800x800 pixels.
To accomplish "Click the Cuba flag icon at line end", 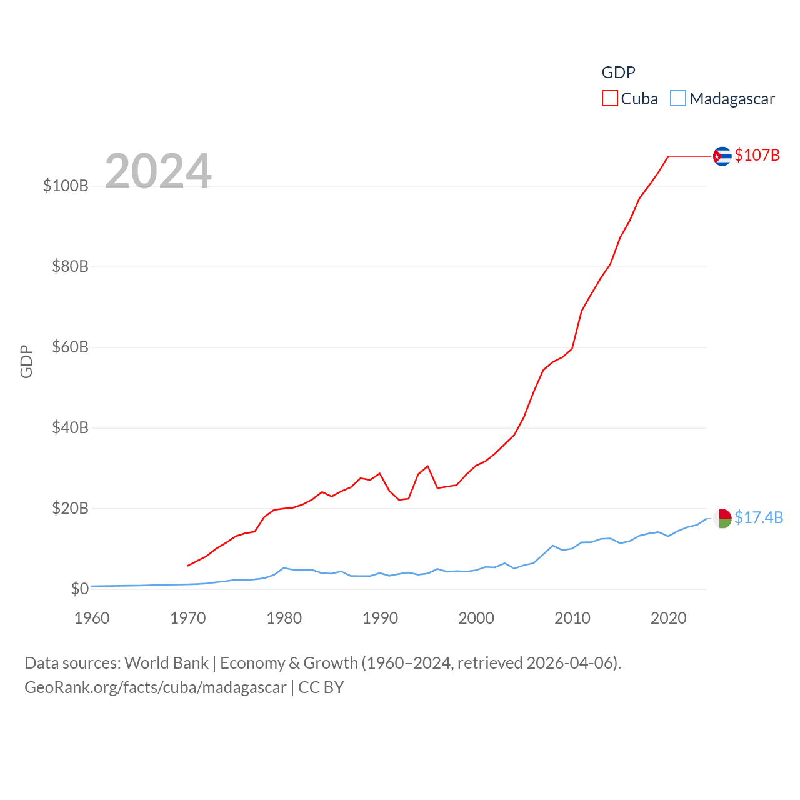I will click(722, 156).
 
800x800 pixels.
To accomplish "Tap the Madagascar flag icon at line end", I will click(722, 518).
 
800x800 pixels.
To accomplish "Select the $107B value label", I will click(757, 155).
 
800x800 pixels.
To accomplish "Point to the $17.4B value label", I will click(759, 517).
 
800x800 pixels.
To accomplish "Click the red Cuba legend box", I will click(609, 99).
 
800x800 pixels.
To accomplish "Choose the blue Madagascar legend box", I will click(678, 99).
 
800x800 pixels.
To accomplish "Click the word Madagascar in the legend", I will click(732, 99).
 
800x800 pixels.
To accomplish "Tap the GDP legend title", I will click(618, 72).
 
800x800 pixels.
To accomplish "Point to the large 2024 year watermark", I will click(158, 171).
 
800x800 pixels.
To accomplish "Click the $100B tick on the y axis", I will click(66, 186).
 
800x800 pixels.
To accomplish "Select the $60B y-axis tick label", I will click(70, 347).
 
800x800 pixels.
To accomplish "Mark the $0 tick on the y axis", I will click(79, 589).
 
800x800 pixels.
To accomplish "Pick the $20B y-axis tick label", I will click(70, 508).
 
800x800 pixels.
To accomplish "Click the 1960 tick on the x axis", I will click(92, 618).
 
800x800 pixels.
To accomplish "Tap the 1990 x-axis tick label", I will click(380, 618).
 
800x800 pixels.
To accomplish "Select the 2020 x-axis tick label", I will click(669, 618).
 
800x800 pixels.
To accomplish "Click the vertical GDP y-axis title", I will click(26, 361).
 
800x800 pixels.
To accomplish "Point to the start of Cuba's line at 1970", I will click(188, 566).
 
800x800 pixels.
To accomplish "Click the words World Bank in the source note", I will click(166, 662).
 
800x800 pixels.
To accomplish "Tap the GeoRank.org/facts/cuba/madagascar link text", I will click(156, 687).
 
